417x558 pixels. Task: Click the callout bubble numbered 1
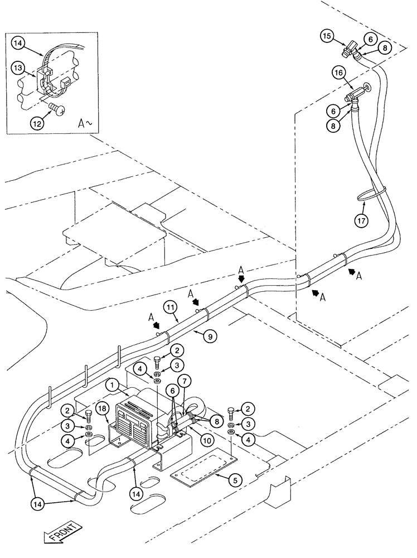coord(113,385)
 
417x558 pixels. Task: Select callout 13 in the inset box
coord(17,68)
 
